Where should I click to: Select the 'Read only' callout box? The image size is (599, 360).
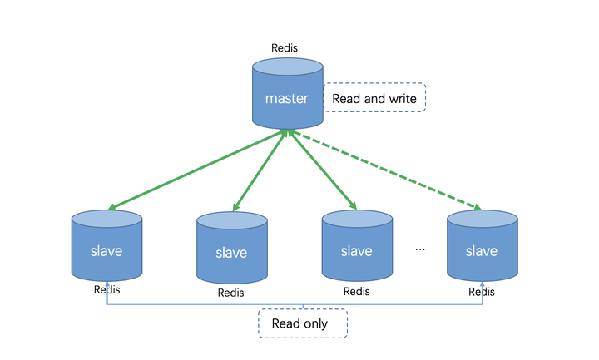coord(303,323)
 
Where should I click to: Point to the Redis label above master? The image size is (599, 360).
coord(285,49)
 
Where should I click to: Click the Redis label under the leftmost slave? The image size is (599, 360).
coord(106,289)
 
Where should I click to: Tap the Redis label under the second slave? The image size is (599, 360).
coord(231,293)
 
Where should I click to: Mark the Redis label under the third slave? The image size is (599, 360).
coord(356,291)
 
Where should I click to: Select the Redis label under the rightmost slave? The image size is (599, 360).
coord(482,292)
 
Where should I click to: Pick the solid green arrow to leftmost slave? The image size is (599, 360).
coord(196,170)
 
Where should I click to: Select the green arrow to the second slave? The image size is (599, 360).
coord(260,170)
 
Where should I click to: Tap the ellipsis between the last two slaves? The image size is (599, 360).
coord(420,249)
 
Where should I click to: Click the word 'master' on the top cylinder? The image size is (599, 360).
coord(287,99)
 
